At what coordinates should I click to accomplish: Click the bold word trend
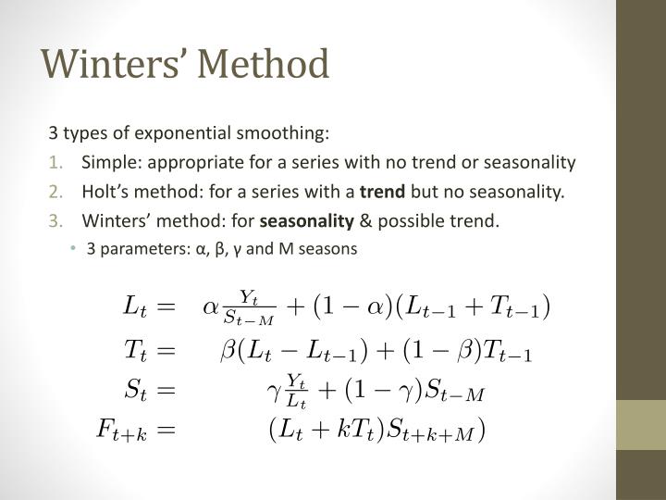click(x=383, y=192)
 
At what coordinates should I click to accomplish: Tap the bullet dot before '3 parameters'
click(x=73, y=249)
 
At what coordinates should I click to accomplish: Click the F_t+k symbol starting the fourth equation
click(x=121, y=431)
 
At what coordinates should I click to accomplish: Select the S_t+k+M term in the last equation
click(x=439, y=431)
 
